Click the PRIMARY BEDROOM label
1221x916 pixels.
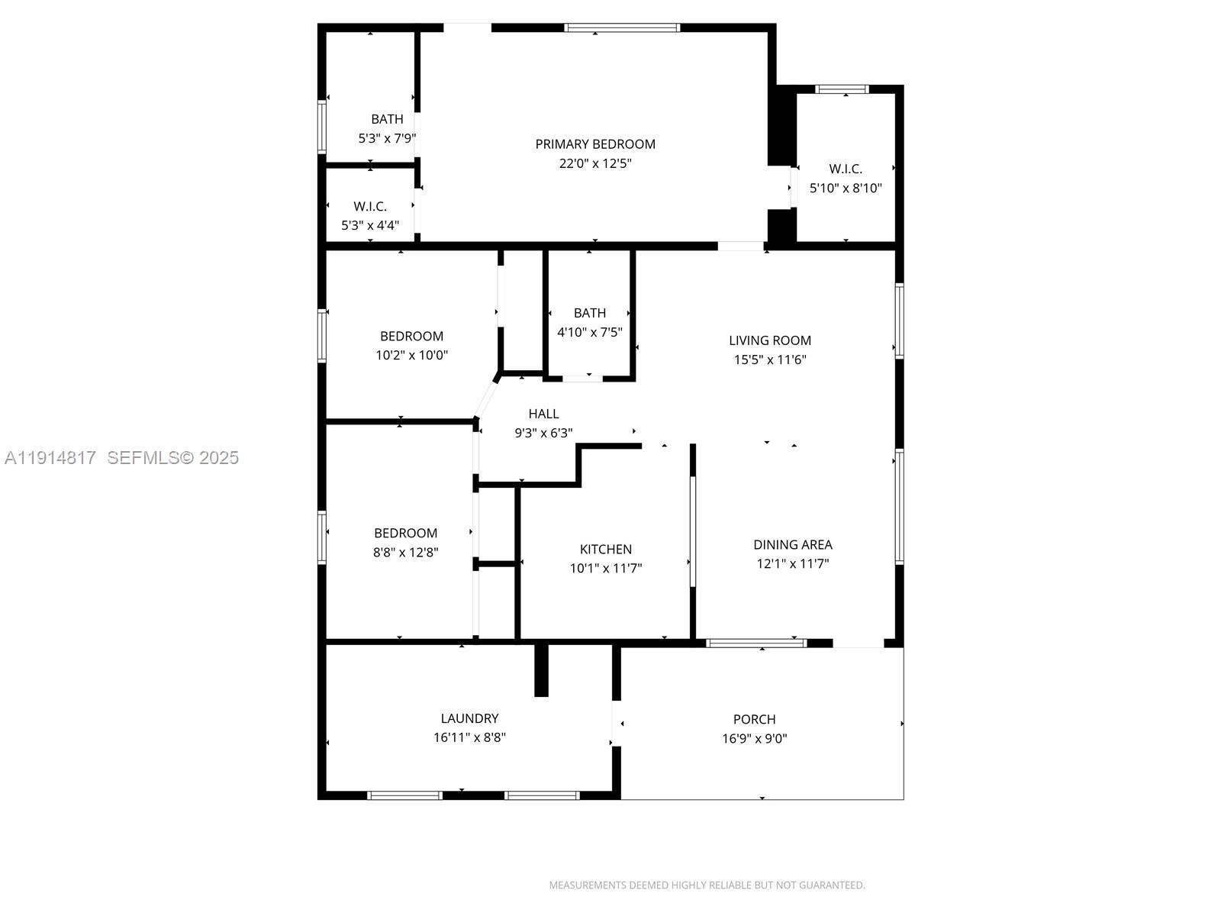coord(594,144)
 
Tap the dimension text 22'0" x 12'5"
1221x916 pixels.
coord(595,163)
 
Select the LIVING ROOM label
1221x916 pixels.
coord(770,340)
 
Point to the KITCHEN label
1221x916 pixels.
coord(605,549)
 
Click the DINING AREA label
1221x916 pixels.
coord(793,544)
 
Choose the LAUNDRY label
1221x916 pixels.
coord(469,718)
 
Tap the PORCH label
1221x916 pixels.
coord(754,719)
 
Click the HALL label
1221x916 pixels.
coord(543,414)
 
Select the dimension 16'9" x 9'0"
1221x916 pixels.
coord(754,738)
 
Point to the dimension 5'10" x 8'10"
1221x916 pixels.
coord(846,188)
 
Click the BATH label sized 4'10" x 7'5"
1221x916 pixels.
coord(590,313)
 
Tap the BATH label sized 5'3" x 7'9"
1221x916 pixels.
coord(387,119)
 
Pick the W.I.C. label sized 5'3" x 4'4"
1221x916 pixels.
coord(370,206)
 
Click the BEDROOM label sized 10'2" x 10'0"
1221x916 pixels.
coord(411,336)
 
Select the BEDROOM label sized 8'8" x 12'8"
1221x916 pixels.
coord(405,533)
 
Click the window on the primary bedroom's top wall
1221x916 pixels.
coord(622,27)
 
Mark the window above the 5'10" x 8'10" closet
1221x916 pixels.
coord(842,89)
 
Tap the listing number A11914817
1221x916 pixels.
coord(50,458)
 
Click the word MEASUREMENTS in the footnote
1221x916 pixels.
coord(588,885)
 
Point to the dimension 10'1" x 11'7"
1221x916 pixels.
coord(606,568)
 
